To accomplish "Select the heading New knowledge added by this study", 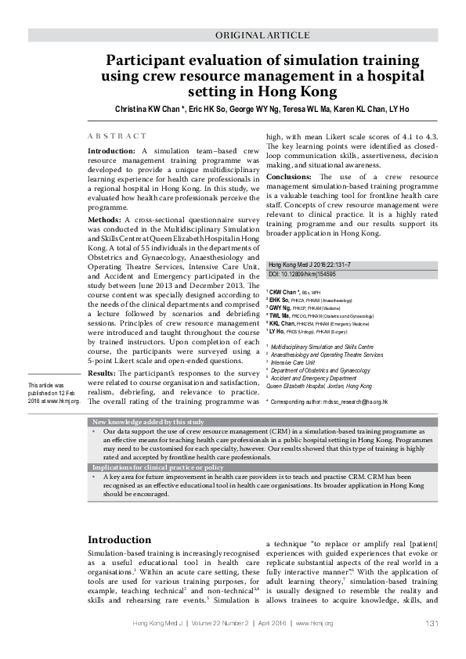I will pyautogui.click(x=148, y=422).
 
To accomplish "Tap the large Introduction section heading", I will pyautogui.click(x=119, y=540).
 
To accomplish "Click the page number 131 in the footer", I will pyautogui.click(x=431, y=623).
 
